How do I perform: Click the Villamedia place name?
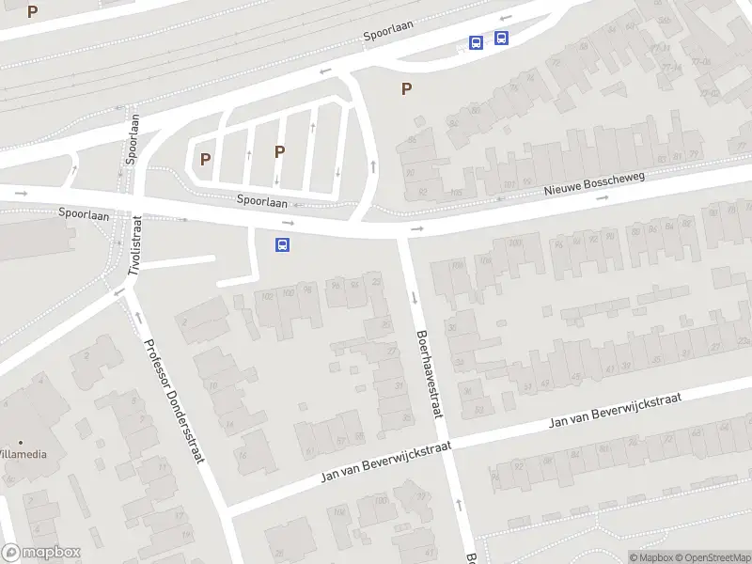tap(21, 454)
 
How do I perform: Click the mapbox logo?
tap(41, 553)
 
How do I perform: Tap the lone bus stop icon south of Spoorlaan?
tap(282, 244)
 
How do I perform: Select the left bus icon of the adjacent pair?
tap(477, 42)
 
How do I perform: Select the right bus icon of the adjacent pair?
tap(501, 39)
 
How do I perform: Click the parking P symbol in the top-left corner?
tap(33, 12)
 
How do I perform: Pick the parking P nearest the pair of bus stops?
tap(406, 89)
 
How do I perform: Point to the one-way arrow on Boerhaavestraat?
tap(414, 298)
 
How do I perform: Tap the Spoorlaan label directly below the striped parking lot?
tap(262, 200)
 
